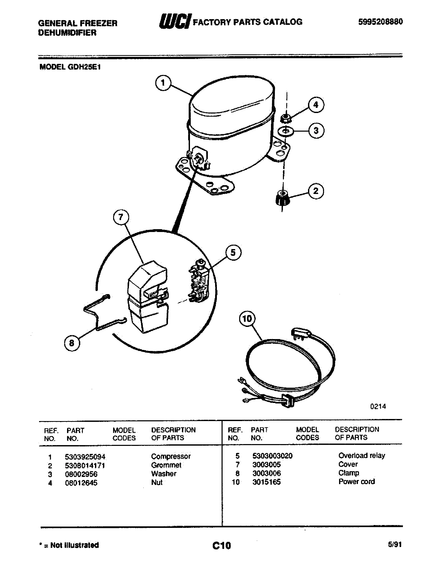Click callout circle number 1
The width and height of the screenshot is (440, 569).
[163, 83]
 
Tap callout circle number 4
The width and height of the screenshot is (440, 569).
[316, 105]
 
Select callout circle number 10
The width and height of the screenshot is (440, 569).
[247, 319]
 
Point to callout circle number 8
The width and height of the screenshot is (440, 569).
[72, 343]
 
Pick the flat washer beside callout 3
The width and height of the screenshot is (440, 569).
[286, 131]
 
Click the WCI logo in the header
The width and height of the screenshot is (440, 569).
[175, 21]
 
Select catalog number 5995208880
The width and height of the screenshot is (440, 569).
[380, 22]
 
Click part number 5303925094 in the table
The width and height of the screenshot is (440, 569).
[85, 457]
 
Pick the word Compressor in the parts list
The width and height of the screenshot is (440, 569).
[171, 456]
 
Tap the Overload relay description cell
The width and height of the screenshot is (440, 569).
[362, 455]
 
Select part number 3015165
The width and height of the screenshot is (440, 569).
[266, 482]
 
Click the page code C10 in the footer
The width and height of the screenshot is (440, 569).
[222, 545]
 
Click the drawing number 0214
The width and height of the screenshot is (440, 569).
[378, 406]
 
